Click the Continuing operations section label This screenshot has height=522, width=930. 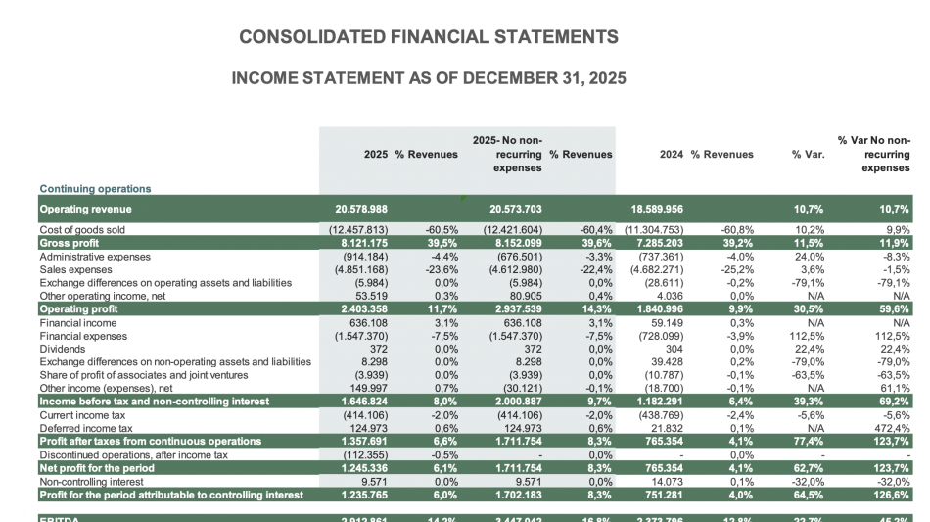(96, 188)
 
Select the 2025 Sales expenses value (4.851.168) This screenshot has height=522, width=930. (356, 269)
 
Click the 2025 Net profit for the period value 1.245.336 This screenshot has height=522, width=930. (359, 468)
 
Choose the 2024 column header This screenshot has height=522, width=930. (671, 154)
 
